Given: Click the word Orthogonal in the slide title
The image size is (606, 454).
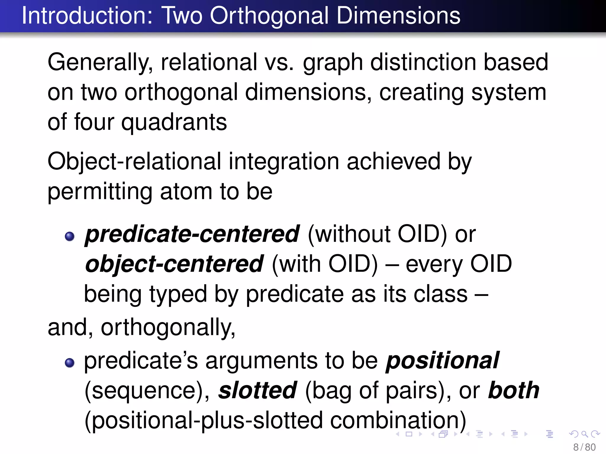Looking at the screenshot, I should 269,16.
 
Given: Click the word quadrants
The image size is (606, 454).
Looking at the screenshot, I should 174,122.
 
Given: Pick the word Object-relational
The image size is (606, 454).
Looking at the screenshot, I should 134,162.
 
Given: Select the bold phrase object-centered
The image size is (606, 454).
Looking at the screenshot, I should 174,264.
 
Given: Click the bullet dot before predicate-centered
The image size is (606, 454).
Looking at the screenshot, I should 70,236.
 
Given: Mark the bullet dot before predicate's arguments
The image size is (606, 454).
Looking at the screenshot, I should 70,363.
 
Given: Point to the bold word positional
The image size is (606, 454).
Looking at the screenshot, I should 442,361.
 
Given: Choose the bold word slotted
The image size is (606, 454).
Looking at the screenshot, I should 257,390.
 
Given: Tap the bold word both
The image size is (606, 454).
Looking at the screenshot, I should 514,390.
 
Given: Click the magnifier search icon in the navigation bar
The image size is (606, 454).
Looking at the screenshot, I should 585,434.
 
